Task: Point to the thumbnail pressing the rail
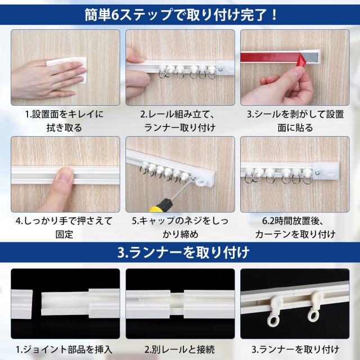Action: [x=66, y=174]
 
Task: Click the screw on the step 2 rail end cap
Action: [x=220, y=69]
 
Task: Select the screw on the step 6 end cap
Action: [x=317, y=173]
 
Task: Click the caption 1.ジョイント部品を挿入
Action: [x=64, y=350]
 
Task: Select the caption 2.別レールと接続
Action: [x=180, y=350]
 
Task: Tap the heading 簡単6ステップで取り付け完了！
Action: [x=181, y=15]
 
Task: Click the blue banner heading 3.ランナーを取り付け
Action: [x=183, y=253]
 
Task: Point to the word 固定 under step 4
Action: [x=64, y=235]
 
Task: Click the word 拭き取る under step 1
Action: [x=64, y=128]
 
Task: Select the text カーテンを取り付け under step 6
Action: [x=295, y=235]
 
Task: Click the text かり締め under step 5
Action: [x=180, y=235]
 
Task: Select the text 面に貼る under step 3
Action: [x=295, y=128]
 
